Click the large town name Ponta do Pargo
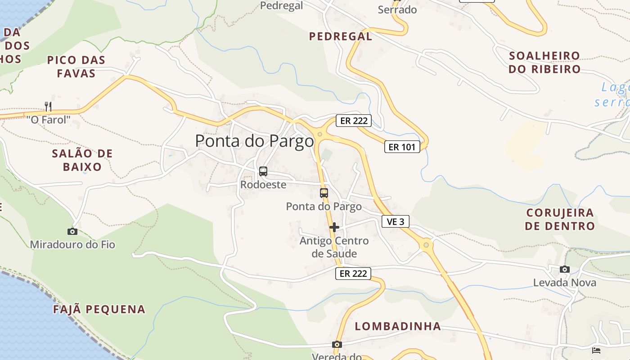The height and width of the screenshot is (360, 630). pyautogui.click(x=254, y=141)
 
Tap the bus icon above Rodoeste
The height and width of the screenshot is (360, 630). pyautogui.click(x=263, y=171)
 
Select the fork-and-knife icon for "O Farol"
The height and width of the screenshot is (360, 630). pyautogui.click(x=48, y=107)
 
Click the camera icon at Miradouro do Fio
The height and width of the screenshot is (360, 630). pyautogui.click(x=72, y=231)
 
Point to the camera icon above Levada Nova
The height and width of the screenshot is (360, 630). pyautogui.click(x=564, y=269)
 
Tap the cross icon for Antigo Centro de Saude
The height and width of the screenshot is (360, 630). pyautogui.click(x=334, y=227)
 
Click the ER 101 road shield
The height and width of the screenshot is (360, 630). pyautogui.click(x=402, y=147)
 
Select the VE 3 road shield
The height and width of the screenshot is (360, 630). pyautogui.click(x=396, y=221)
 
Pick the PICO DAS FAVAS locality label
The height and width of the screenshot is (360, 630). pyautogui.click(x=76, y=67)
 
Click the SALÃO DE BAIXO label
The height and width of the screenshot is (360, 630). pyautogui.click(x=82, y=160)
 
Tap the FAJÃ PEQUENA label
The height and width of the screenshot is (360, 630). pyautogui.click(x=99, y=310)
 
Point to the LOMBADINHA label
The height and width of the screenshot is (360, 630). pyautogui.click(x=398, y=326)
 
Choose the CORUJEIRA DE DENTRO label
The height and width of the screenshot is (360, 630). pyautogui.click(x=560, y=219)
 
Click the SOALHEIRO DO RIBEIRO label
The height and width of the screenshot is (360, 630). pyautogui.click(x=544, y=63)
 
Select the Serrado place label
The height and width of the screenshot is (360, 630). pyautogui.click(x=397, y=9)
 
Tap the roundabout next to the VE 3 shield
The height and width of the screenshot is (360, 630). pyautogui.click(x=426, y=245)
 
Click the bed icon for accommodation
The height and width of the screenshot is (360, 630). pyautogui.click(x=596, y=350)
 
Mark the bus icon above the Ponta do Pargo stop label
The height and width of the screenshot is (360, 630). pyautogui.click(x=324, y=193)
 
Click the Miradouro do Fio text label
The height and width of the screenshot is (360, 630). pyautogui.click(x=72, y=245)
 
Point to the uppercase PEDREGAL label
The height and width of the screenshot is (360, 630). pyautogui.click(x=341, y=36)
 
